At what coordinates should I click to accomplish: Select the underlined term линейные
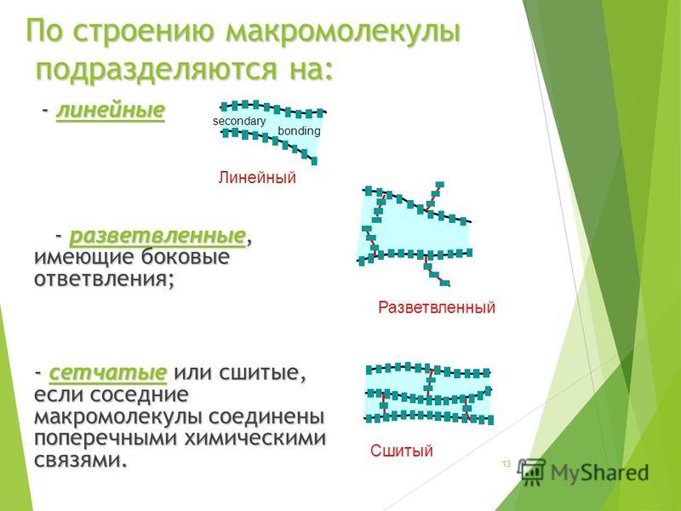tap(111, 111)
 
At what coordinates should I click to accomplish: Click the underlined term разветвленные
tap(157, 237)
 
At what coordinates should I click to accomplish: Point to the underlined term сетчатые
tap(108, 373)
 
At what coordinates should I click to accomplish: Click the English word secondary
tap(239, 121)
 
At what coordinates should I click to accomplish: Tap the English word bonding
tap(300, 131)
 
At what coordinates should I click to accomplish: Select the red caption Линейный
tap(257, 177)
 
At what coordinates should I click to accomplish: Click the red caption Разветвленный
tap(437, 307)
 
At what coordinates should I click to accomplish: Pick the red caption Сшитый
tap(402, 451)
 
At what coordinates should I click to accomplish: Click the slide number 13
tap(506, 464)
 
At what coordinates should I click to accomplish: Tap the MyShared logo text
tap(600, 473)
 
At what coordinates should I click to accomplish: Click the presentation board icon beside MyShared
tap(533, 472)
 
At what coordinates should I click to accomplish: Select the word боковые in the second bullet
tap(186, 257)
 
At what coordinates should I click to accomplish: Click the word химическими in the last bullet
tap(255, 438)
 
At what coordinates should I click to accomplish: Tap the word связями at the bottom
tap(81, 460)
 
